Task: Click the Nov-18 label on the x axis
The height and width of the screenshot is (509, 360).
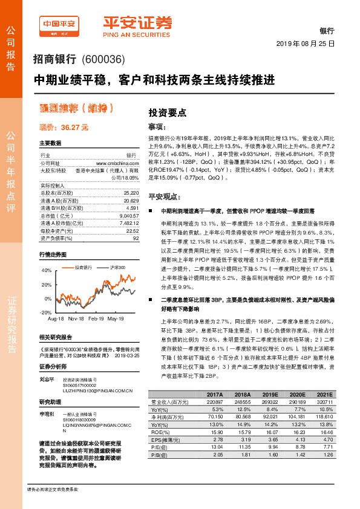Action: pyautogui.click(x=76, y=318)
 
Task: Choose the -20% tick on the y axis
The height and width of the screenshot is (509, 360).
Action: pyautogui.click(x=46, y=313)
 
